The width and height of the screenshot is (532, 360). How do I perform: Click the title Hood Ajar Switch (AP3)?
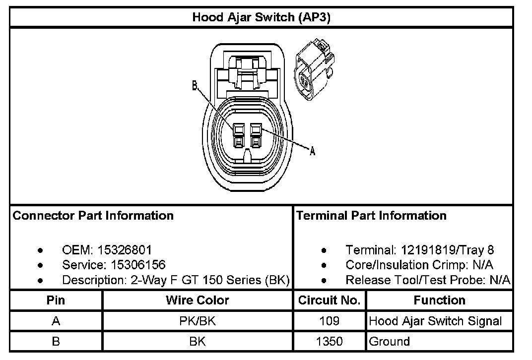(262, 18)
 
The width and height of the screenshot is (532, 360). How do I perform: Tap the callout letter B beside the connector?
(196, 86)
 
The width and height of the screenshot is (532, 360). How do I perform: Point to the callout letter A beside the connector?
(313, 152)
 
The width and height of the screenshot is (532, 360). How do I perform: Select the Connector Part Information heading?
(93, 216)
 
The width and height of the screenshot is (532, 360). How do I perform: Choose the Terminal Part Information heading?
(371, 216)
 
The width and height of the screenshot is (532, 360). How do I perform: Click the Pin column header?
(56, 300)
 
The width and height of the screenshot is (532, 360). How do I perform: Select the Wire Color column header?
(198, 300)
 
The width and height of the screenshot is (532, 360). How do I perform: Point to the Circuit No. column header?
(330, 300)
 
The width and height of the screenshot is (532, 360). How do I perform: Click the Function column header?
(439, 300)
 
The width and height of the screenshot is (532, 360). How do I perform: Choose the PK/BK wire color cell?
(198, 321)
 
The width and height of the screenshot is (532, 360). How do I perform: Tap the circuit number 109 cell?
(330, 321)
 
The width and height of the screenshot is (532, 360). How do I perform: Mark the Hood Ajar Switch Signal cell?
(435, 321)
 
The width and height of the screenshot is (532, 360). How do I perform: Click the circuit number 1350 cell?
(330, 341)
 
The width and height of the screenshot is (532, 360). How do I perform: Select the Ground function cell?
(390, 341)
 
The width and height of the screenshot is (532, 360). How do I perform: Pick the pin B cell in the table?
(56, 341)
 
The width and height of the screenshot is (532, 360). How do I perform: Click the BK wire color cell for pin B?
(198, 341)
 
